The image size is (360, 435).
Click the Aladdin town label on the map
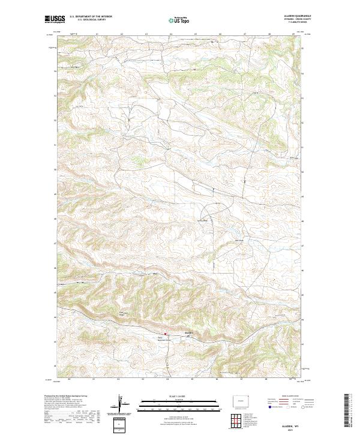[x=188, y=332]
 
